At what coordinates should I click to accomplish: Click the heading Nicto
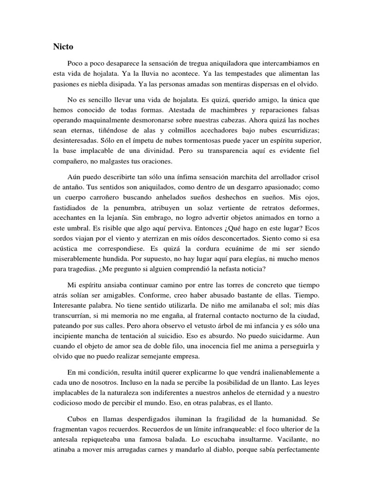coord(63,47)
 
